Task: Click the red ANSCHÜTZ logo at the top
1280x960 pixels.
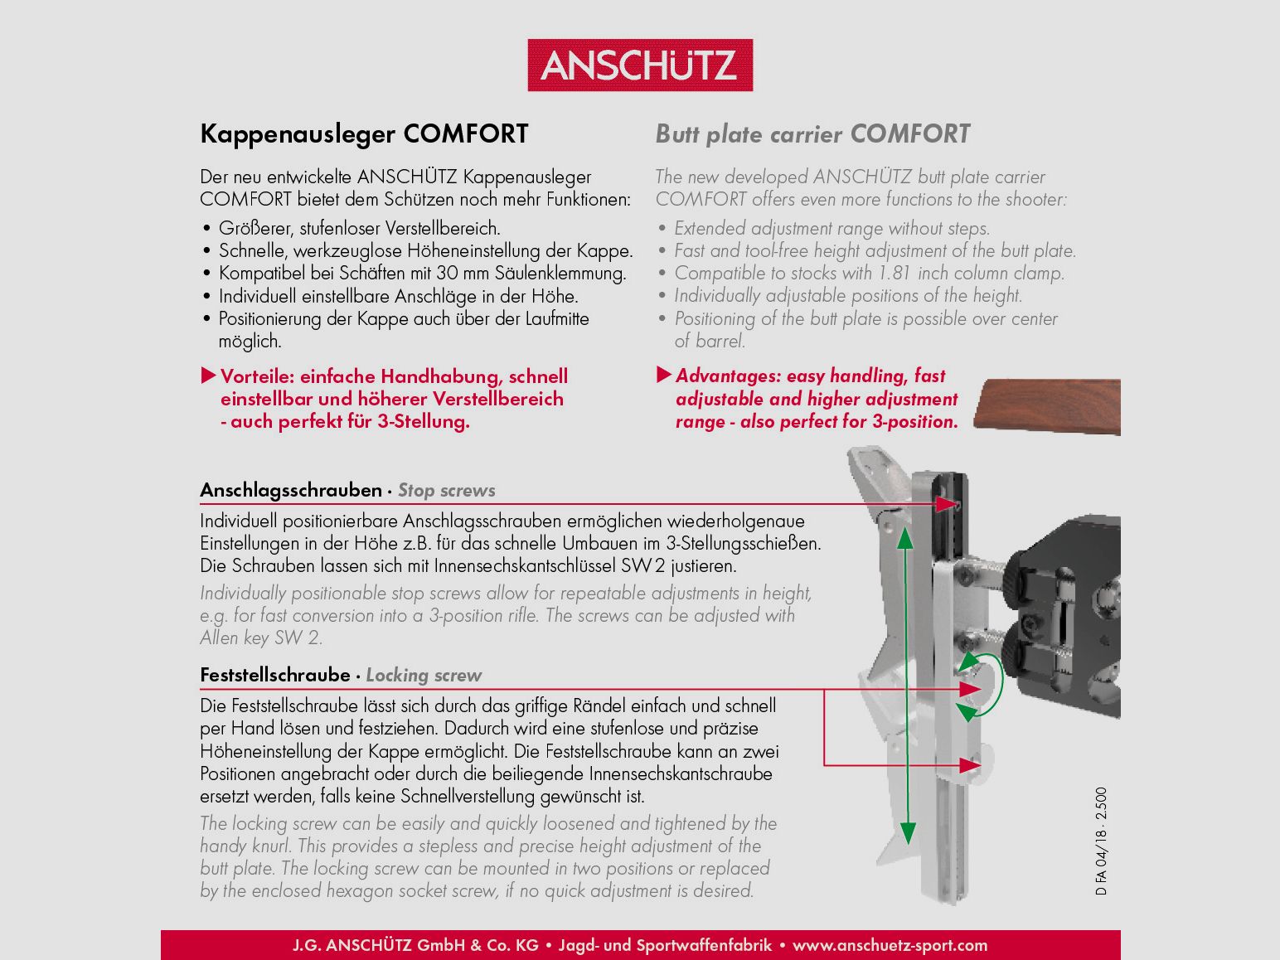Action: pos(640,65)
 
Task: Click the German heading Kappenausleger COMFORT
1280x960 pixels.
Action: pos(364,134)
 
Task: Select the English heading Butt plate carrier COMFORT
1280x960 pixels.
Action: pos(812,134)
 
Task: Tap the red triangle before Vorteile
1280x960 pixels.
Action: pos(209,376)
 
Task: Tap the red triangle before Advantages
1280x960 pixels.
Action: pos(664,376)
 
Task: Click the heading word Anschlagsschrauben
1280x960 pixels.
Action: pos(291,490)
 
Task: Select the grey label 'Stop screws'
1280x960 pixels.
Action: pos(446,491)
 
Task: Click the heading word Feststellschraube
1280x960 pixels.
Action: pos(275,675)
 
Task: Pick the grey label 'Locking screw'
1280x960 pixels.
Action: pos(424,676)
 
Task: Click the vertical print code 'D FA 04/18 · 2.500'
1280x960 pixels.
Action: pos(1101,841)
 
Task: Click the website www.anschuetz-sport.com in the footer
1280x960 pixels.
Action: pos(890,945)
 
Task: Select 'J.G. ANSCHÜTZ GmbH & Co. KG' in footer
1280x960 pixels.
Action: pos(415,945)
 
